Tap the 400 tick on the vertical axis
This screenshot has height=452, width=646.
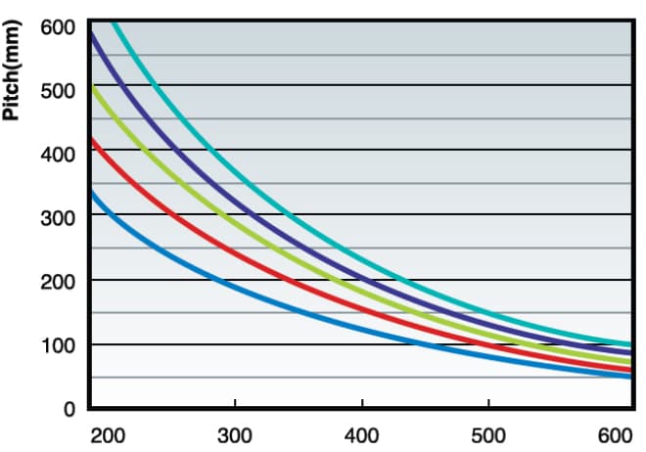click(57, 155)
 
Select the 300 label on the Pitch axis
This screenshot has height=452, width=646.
click(57, 217)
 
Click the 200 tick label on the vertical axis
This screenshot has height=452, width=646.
click(57, 282)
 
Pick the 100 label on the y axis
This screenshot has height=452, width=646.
click(57, 345)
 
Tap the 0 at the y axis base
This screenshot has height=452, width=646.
click(69, 409)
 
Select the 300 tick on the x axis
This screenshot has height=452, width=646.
click(235, 433)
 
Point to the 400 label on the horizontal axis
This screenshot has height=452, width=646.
click(362, 433)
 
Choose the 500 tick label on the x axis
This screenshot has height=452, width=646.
click(489, 433)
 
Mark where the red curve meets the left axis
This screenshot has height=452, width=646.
click(90, 140)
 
